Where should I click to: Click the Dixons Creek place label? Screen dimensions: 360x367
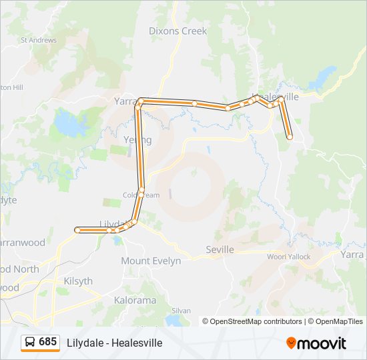(x=177, y=31)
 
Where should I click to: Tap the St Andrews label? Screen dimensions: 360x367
(x=39, y=40)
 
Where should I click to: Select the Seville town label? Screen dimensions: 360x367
(x=220, y=249)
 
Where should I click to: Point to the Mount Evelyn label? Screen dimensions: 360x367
(x=151, y=261)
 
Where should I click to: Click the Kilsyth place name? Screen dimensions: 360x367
(x=78, y=281)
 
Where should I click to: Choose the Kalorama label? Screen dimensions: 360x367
(x=135, y=300)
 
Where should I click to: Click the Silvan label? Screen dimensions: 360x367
(x=181, y=311)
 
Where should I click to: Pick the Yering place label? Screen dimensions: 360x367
(x=137, y=140)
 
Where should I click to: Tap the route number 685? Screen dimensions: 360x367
(x=47, y=342)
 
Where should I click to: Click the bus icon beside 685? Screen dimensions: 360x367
(x=30, y=342)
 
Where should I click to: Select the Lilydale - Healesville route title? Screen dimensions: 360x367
(x=114, y=343)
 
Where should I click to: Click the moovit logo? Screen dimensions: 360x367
(x=316, y=343)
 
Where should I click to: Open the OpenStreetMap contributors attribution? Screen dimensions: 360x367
(x=252, y=321)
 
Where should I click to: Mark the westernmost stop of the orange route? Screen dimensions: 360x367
(x=78, y=229)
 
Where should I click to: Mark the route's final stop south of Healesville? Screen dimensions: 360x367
(x=290, y=137)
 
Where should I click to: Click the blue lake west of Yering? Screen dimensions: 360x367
(x=66, y=123)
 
